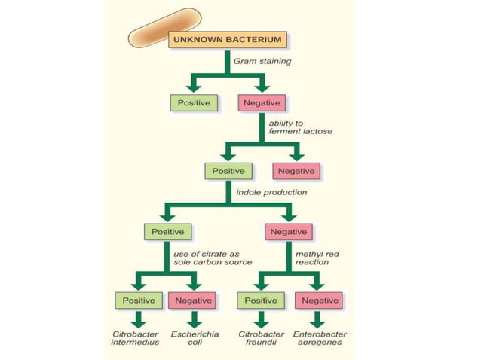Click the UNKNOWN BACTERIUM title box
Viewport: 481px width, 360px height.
point(217,38)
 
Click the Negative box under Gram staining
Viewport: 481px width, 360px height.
point(260,102)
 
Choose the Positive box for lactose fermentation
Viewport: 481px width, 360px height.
point(228,171)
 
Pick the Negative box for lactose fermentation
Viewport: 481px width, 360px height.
point(296,171)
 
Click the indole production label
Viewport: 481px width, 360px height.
point(271,192)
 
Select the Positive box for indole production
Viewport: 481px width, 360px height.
point(167,231)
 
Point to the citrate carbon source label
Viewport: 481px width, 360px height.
point(213,258)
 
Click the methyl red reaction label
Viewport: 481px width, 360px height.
point(316,258)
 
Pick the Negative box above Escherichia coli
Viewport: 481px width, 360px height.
point(191,300)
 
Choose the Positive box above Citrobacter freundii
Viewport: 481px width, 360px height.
point(260,300)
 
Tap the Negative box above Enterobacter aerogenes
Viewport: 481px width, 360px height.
point(320,300)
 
